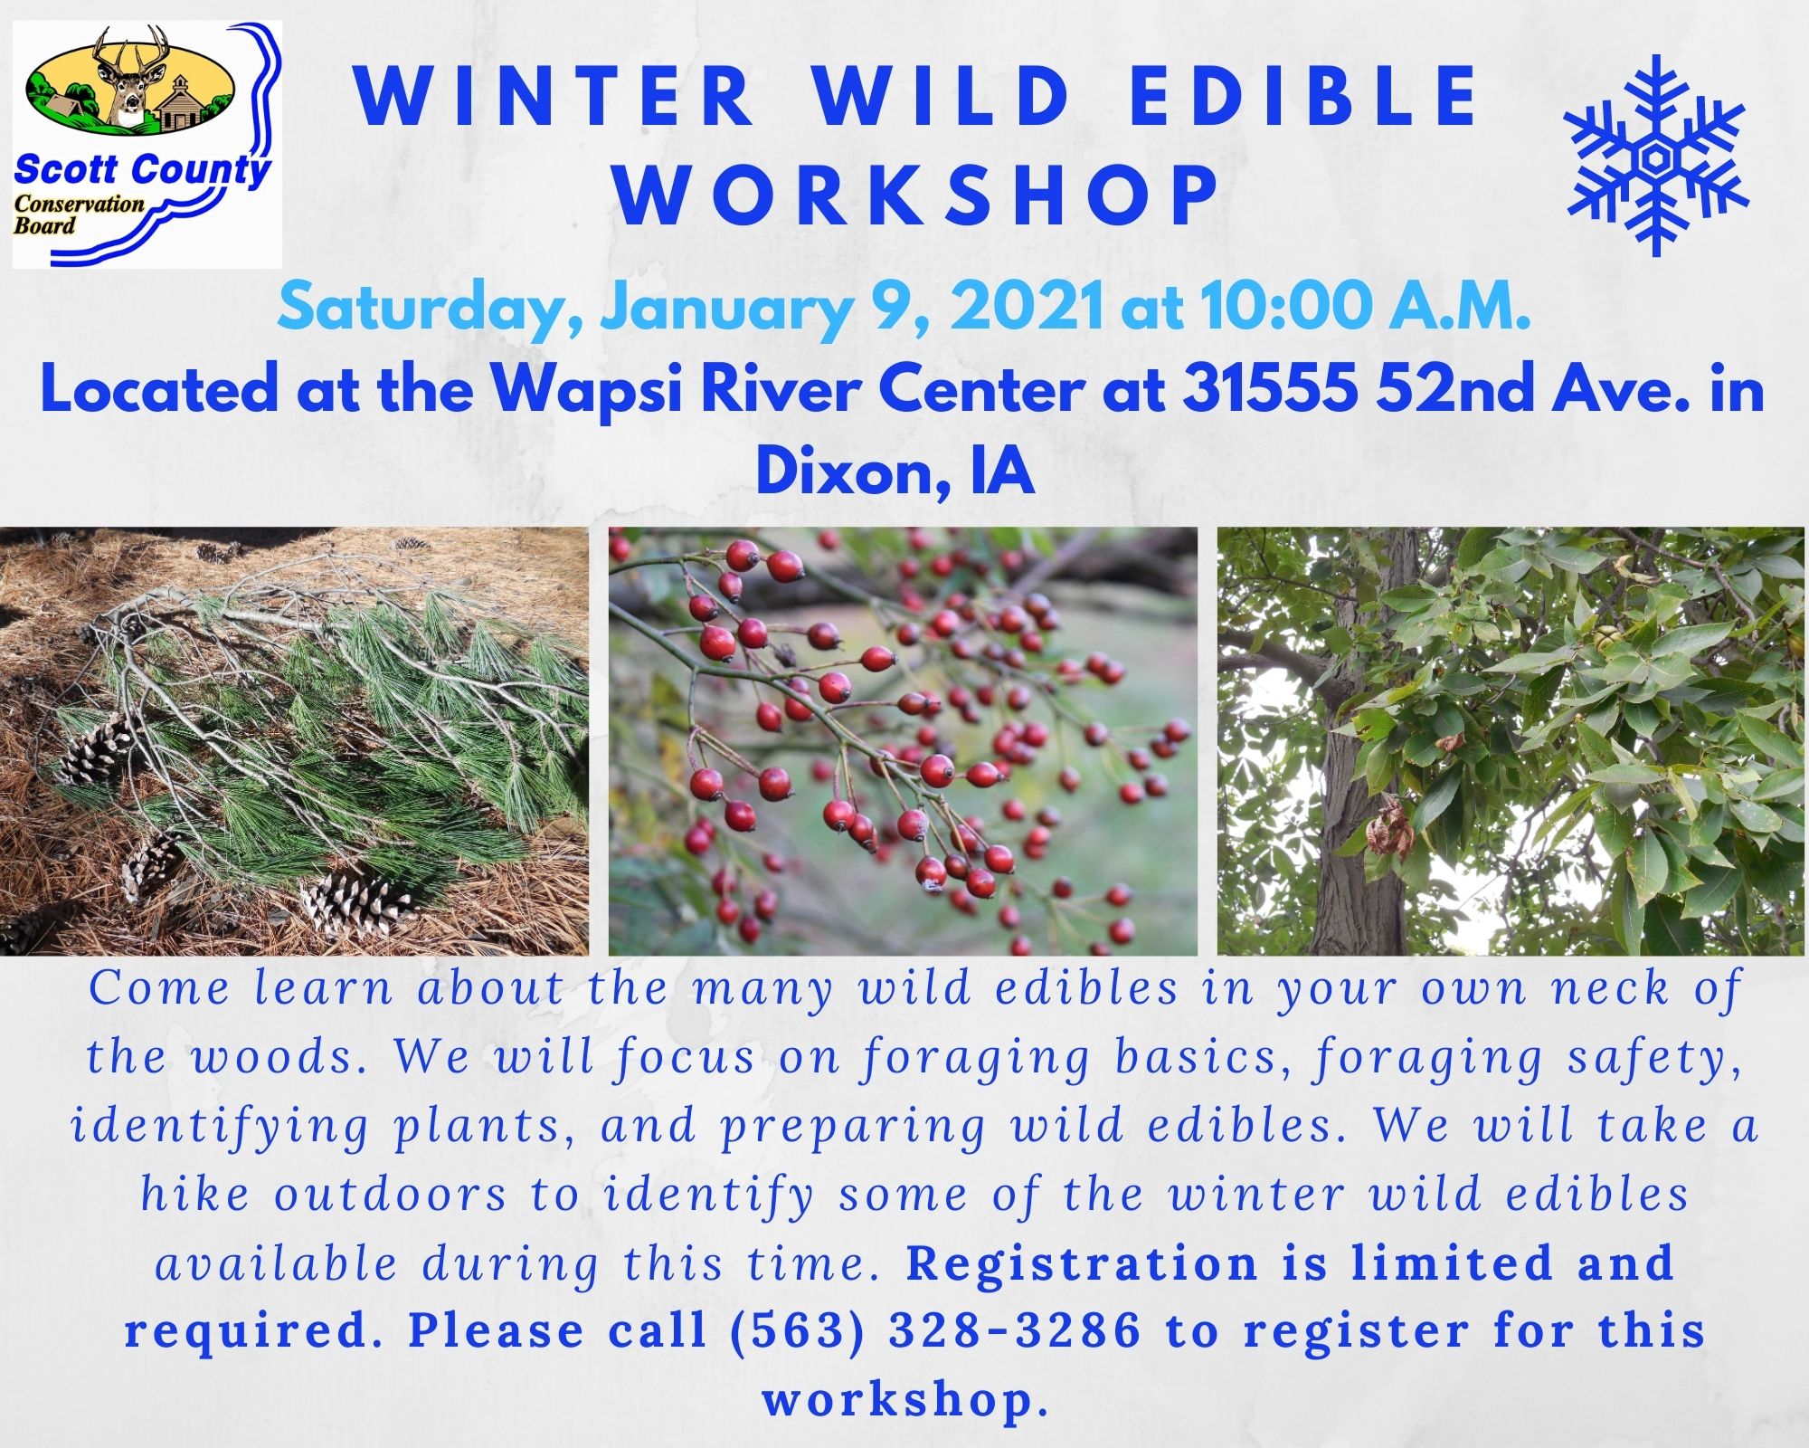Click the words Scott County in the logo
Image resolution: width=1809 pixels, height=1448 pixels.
(143, 169)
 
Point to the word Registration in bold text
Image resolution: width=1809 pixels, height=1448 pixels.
(1082, 1262)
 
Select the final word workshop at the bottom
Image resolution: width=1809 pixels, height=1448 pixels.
(905, 1400)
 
